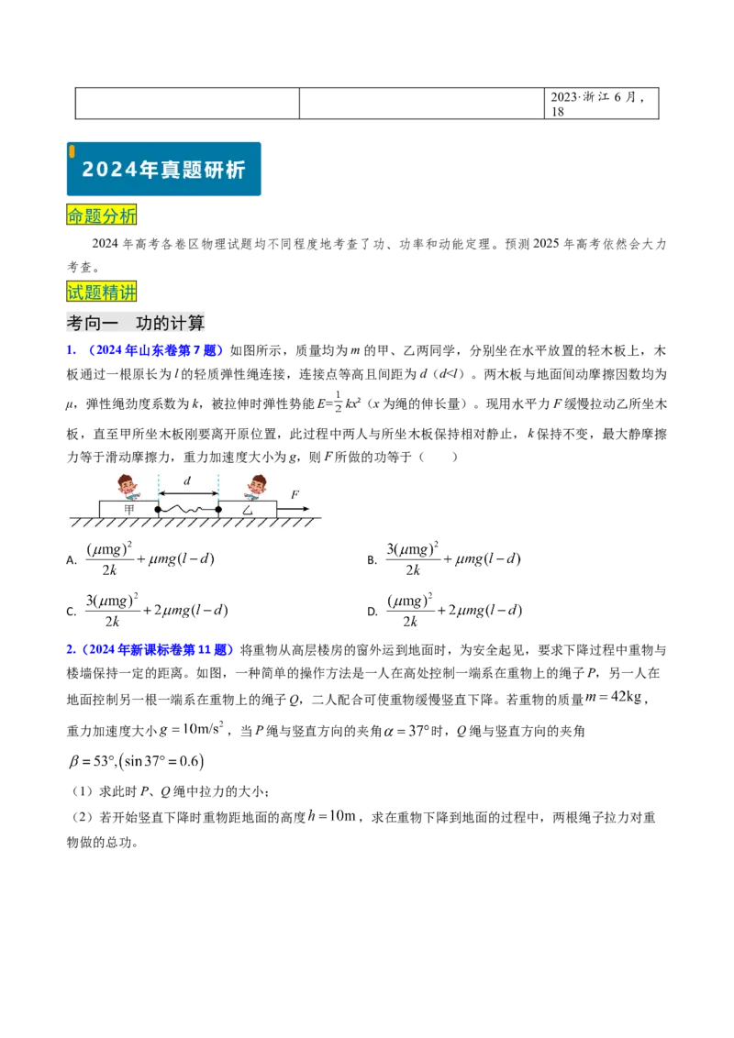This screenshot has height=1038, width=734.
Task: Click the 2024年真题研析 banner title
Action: coord(164,170)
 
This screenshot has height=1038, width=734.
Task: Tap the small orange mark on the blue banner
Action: coord(72,150)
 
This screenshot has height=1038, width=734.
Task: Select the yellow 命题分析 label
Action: coord(102,216)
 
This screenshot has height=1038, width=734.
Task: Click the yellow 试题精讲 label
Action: coord(102,293)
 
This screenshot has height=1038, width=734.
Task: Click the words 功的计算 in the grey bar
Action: coord(171,324)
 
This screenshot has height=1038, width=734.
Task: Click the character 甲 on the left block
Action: coord(128,509)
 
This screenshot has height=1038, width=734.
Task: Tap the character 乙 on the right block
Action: coord(248,509)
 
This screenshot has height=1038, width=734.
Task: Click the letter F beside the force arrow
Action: coord(295,495)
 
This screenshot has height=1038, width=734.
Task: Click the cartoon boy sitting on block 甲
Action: coord(128,486)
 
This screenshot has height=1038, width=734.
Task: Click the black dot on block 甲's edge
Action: coord(158,509)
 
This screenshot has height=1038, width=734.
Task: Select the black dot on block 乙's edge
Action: coord(218,509)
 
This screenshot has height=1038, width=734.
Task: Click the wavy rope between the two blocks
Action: coord(188,509)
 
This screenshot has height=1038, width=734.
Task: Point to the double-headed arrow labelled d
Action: coord(188,493)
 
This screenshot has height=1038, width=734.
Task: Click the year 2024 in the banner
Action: coord(105,170)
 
